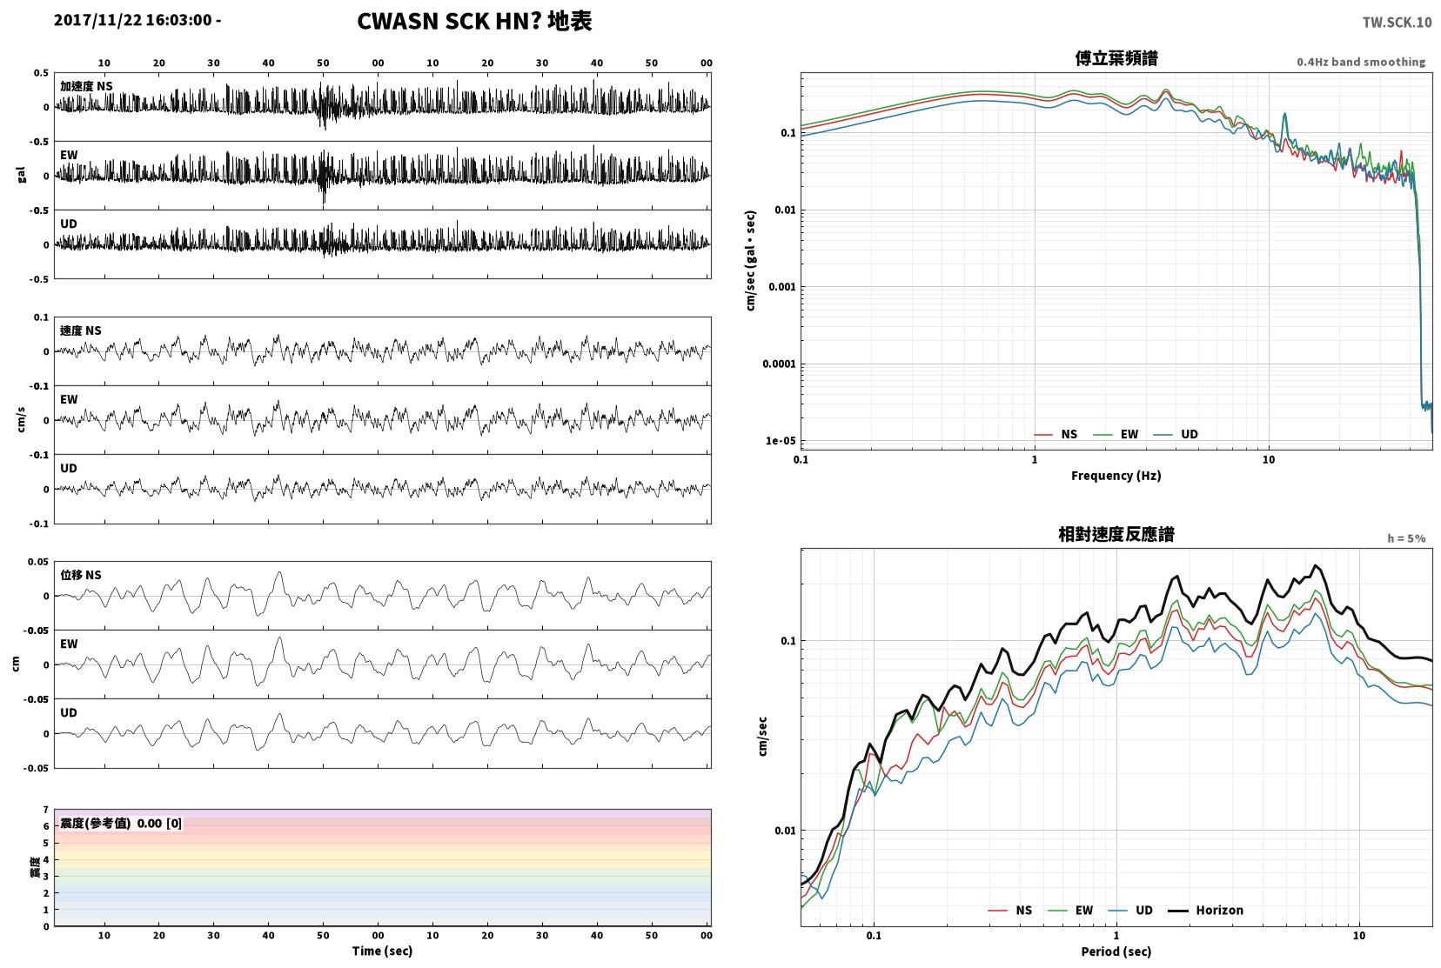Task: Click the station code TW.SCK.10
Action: (1397, 23)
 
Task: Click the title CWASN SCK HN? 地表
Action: (474, 21)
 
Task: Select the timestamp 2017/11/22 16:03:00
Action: (133, 20)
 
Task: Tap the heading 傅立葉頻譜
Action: (1116, 58)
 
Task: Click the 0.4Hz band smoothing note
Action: (1361, 62)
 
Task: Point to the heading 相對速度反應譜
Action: (1116, 534)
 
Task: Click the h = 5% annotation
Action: (1405, 538)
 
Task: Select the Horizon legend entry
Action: (1206, 910)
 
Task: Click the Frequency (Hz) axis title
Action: (1116, 476)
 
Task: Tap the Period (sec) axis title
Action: (1116, 951)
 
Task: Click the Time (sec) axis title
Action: (382, 951)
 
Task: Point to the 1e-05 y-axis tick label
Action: (781, 441)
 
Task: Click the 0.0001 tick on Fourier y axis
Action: (779, 364)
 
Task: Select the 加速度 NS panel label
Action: (86, 86)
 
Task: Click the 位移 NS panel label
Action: (80, 575)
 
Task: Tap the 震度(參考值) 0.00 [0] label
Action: (121, 824)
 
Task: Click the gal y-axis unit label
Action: (21, 175)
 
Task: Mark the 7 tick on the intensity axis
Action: (45, 810)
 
